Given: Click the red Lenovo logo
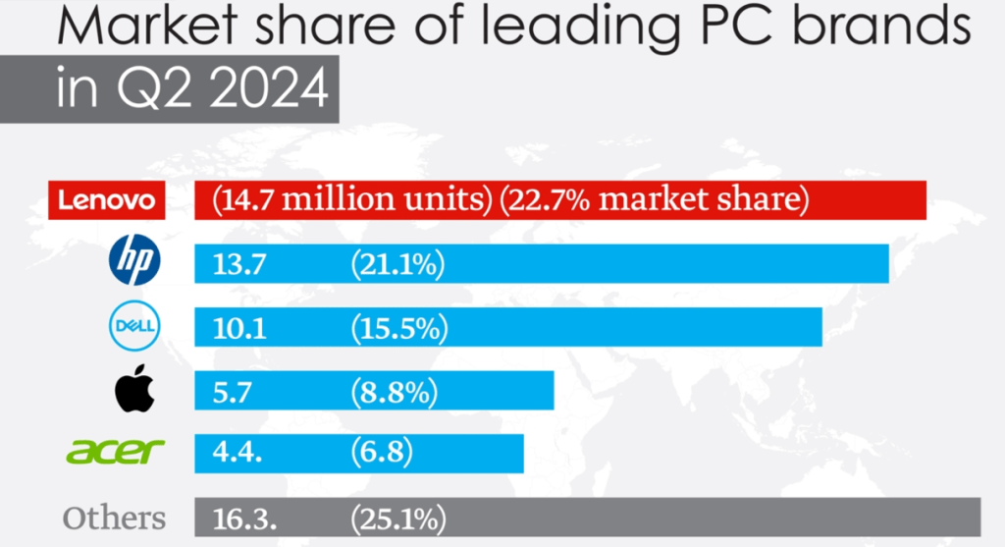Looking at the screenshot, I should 107,201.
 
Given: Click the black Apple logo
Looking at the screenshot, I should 135,391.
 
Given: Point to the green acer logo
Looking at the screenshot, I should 115,452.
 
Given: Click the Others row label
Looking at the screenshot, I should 114,518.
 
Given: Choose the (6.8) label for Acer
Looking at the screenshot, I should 381,453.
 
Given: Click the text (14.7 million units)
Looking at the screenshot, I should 351,200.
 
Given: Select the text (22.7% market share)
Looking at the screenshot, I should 654,200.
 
